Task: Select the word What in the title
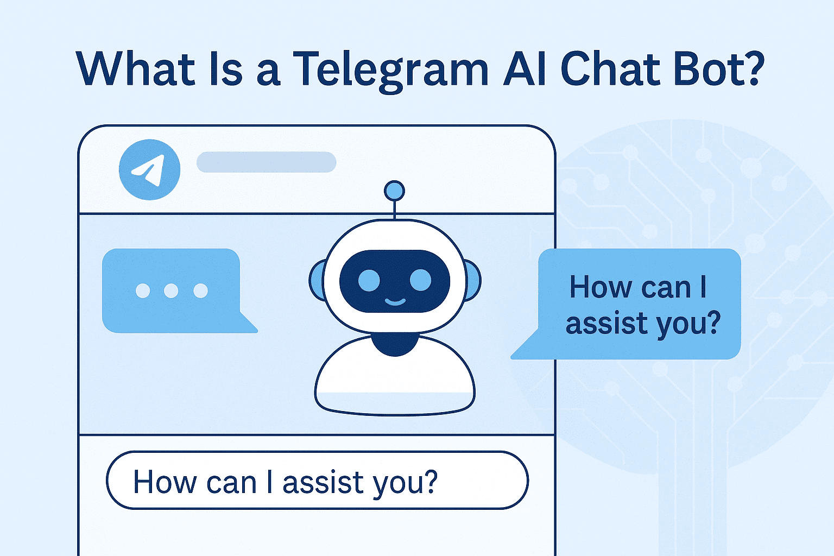(x=136, y=69)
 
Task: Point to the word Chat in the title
(x=610, y=69)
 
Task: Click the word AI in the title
(x=523, y=69)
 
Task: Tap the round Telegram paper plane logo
(x=149, y=169)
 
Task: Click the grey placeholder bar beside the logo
(x=266, y=162)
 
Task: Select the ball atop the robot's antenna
(x=394, y=191)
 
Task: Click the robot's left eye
(x=369, y=280)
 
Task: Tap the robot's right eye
(x=420, y=280)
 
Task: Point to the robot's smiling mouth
(x=395, y=301)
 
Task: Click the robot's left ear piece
(x=317, y=281)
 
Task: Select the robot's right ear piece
(x=472, y=281)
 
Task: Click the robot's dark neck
(x=395, y=344)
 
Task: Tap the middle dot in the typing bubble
(x=171, y=290)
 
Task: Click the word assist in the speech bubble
(x=606, y=323)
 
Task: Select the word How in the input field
(x=165, y=482)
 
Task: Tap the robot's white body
(x=395, y=380)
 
